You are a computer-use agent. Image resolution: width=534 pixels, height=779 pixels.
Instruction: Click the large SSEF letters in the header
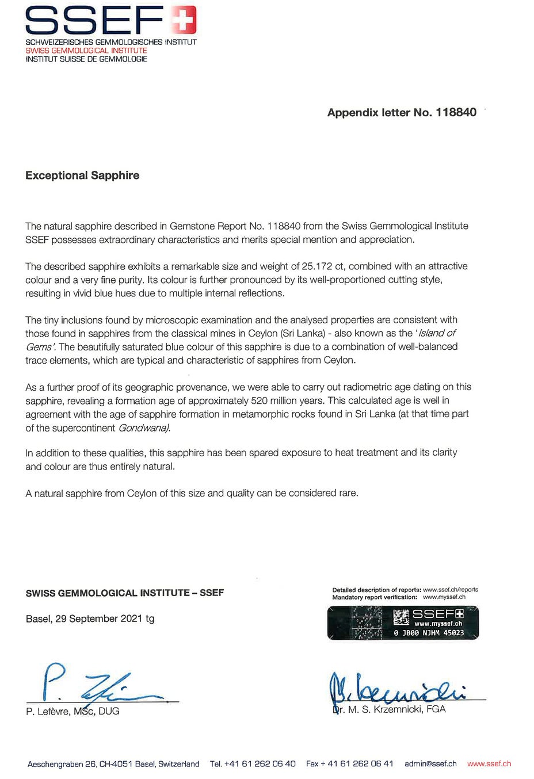(95, 21)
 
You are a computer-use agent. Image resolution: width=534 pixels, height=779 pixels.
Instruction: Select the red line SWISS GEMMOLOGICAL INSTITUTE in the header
(86, 51)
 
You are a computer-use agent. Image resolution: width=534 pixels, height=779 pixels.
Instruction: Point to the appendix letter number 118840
(456, 113)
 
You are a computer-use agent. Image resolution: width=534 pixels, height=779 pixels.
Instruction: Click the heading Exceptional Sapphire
(82, 175)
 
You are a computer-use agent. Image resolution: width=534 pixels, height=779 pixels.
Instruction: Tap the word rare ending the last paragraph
(346, 493)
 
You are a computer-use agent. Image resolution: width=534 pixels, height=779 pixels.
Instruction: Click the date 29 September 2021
(98, 619)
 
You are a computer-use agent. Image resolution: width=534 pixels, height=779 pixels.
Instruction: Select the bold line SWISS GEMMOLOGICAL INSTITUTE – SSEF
(125, 593)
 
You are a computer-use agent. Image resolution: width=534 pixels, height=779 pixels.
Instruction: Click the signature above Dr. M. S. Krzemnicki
(397, 688)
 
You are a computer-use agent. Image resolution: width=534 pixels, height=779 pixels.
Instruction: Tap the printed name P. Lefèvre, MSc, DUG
(73, 712)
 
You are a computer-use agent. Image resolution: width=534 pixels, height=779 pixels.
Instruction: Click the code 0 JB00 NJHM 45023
(429, 633)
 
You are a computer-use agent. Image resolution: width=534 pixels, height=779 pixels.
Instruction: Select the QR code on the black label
(401, 618)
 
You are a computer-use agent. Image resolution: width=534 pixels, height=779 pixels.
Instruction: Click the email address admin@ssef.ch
(430, 764)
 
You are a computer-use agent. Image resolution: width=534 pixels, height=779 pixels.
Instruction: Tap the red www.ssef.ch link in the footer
(489, 764)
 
